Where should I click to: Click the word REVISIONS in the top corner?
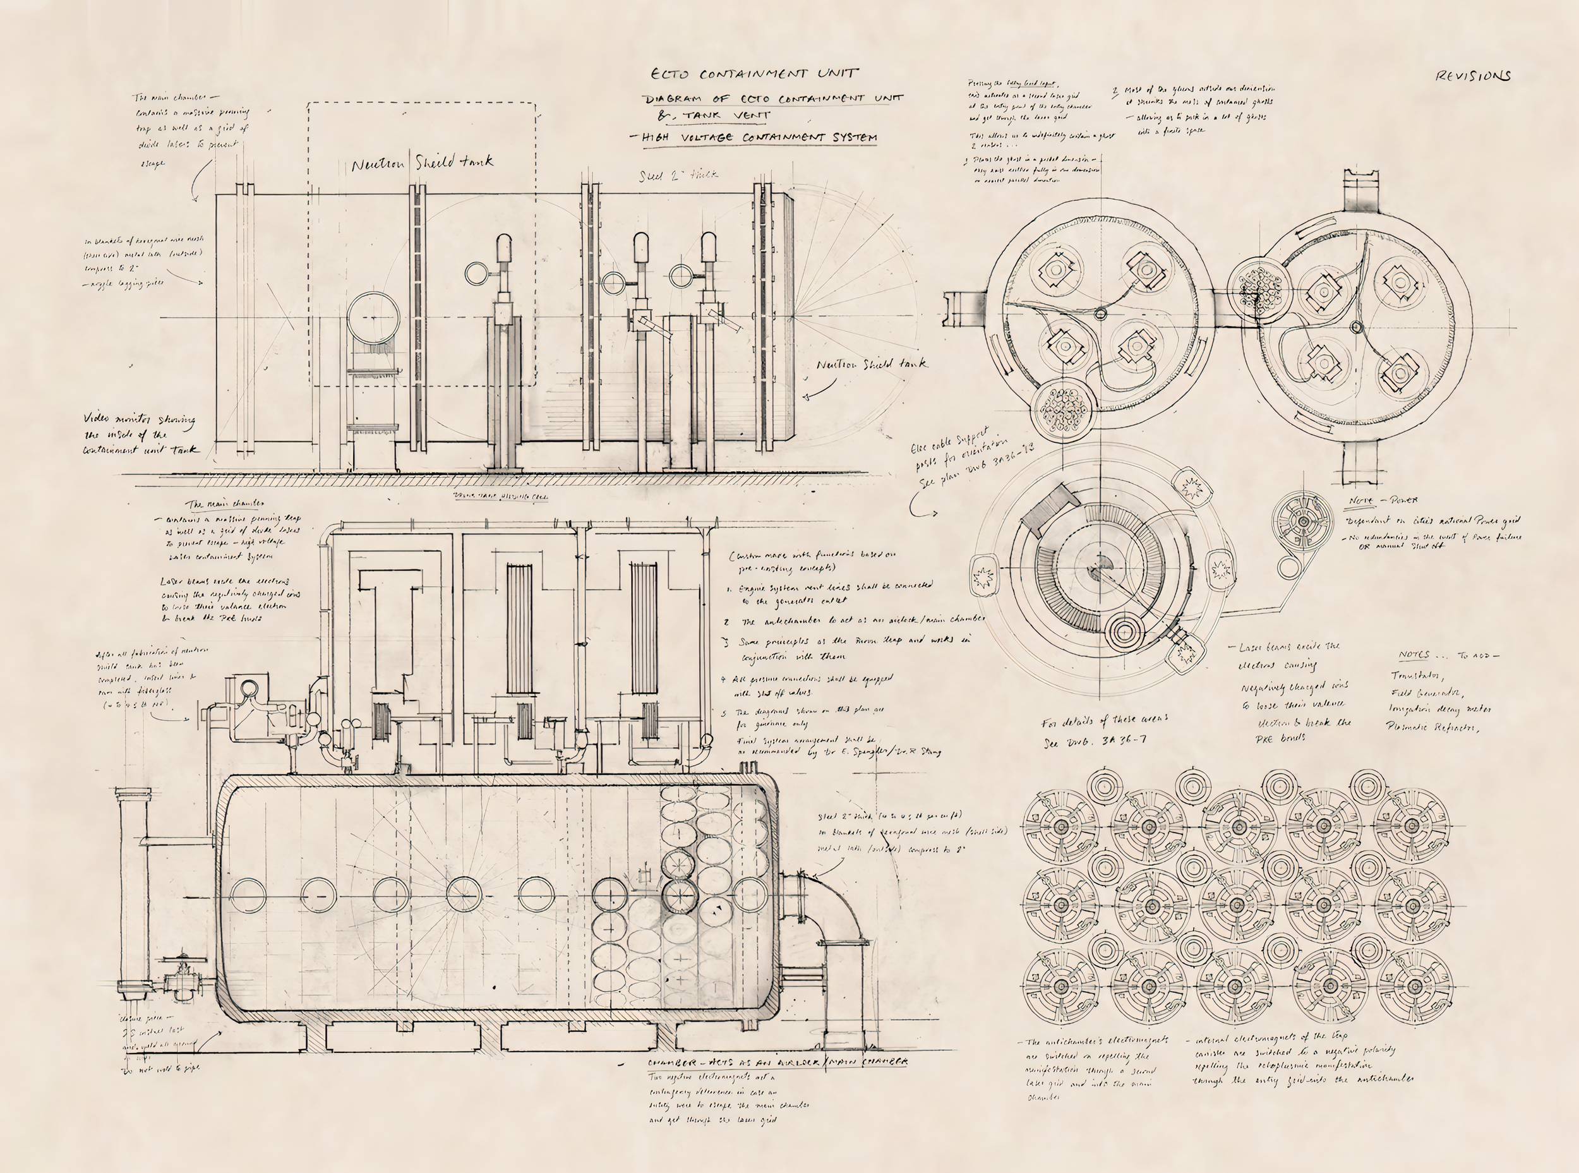(x=1472, y=75)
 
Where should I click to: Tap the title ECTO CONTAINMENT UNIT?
(x=755, y=73)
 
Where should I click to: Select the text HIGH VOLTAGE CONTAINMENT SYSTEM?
(x=759, y=137)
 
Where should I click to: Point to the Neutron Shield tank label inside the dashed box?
(x=422, y=164)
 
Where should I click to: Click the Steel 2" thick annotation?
(x=678, y=174)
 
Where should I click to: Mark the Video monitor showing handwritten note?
(x=140, y=434)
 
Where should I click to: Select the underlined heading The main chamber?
(x=225, y=503)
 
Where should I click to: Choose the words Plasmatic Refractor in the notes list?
(x=1432, y=727)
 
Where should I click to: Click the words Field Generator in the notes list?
(x=1426, y=693)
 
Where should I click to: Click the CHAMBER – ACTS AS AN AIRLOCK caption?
(x=777, y=1062)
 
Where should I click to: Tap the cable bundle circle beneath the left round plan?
(x=1063, y=410)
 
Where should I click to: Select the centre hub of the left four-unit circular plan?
(x=1100, y=313)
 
